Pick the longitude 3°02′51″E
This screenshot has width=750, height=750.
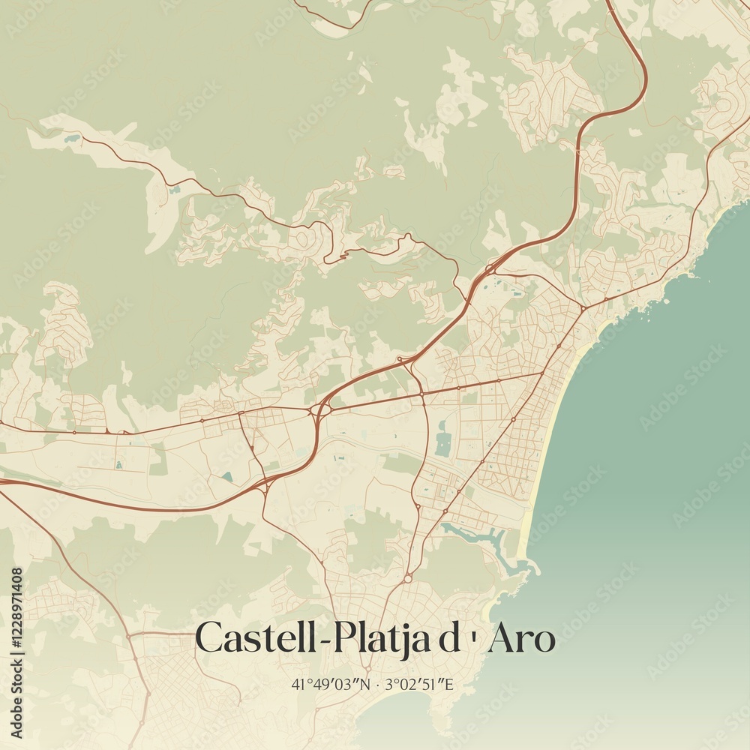click(421, 684)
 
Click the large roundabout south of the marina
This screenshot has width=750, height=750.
click(407, 578)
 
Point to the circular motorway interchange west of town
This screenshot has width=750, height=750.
click(322, 409)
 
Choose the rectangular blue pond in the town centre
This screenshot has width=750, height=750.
click(443, 443)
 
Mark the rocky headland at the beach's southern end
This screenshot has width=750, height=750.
click(529, 566)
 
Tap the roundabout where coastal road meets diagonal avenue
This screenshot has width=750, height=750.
click(583, 307)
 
